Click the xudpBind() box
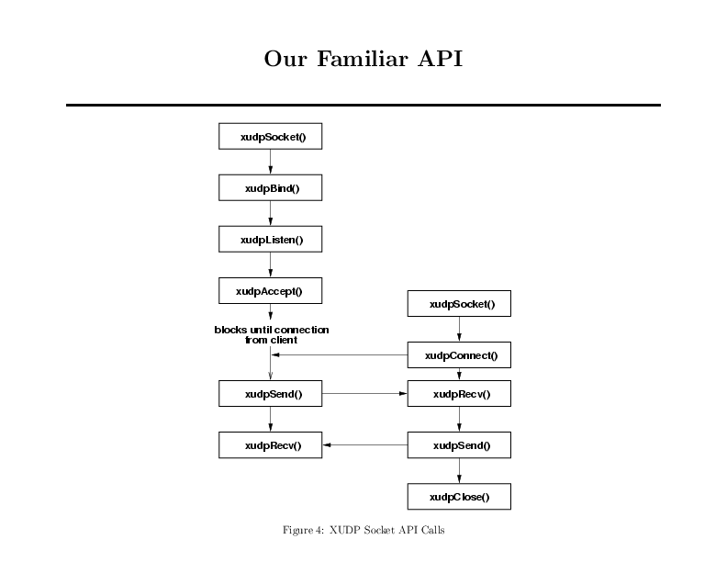point(270,188)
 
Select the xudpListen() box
point(270,240)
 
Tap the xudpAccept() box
point(270,291)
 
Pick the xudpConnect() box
point(459,355)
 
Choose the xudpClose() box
point(459,497)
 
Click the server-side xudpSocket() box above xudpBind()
point(270,136)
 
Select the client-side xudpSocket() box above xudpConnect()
point(459,304)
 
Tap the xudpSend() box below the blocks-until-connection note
point(270,394)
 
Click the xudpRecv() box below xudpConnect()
point(459,394)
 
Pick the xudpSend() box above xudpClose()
point(459,445)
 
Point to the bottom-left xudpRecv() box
point(270,445)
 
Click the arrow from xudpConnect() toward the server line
point(340,355)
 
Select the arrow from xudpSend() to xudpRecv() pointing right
point(364,394)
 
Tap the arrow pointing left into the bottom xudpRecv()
point(365,445)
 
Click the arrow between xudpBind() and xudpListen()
point(270,213)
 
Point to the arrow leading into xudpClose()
point(459,471)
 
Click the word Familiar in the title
point(363,59)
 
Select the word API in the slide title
point(440,59)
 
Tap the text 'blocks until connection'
point(272,330)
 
